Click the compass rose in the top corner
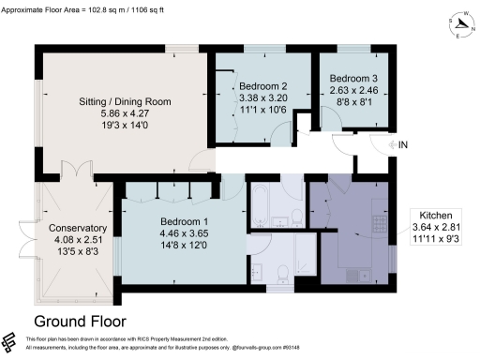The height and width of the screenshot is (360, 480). [461, 20]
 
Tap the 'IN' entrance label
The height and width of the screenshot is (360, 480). [403, 144]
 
